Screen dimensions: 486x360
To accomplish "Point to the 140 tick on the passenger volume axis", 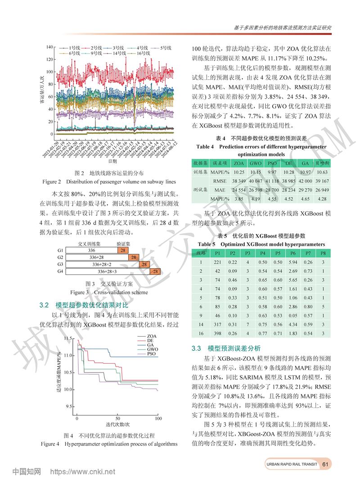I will pos(49,47).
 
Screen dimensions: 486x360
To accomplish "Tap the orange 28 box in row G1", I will pos(121,250).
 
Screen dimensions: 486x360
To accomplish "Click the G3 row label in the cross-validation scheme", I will pos(60,264).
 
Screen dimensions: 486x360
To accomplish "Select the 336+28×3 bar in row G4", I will pos(108,271).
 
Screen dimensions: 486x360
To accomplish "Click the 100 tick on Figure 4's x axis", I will pos(158,419).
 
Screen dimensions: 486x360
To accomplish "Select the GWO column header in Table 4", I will pos(255,163).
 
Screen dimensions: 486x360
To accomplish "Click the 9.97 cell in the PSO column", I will pos(272,172).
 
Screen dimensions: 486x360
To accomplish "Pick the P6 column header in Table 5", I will pos(293,253).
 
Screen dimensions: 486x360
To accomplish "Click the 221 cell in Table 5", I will pos(217,262).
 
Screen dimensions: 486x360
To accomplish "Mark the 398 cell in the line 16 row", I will pos(217,333).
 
